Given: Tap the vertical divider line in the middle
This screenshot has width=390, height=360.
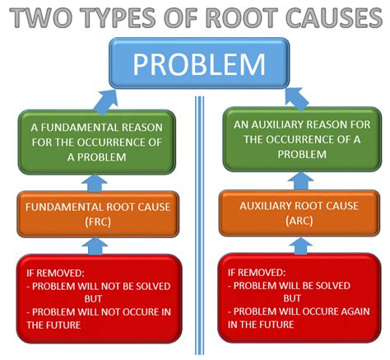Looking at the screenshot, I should (x=197, y=222).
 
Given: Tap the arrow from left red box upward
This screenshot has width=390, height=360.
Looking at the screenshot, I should (x=96, y=245).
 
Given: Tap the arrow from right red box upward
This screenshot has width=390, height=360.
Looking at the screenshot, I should (x=300, y=245).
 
